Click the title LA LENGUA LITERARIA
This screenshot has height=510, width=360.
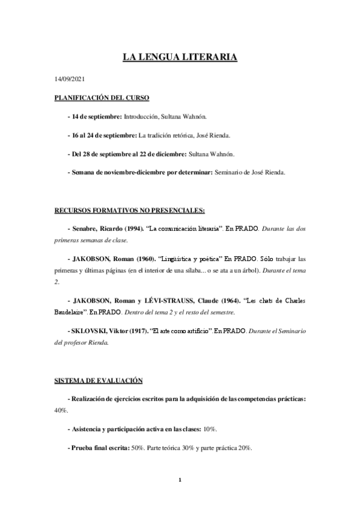pyautogui.click(x=180, y=58)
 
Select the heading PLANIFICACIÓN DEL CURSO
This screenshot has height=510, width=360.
pyautogui.click(x=102, y=97)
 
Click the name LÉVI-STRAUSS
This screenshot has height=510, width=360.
pyautogui.click(x=191, y=299)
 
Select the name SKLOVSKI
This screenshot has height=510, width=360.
pyautogui.click(x=90, y=331)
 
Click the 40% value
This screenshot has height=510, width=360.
pyautogui.click(x=61, y=410)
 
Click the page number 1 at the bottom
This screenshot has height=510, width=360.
pyautogui.click(x=180, y=479)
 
